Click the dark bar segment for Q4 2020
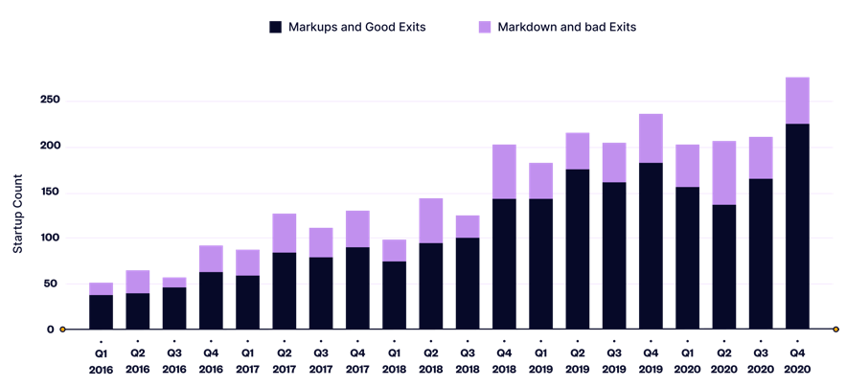click(x=797, y=226)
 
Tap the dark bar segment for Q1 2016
click(x=101, y=311)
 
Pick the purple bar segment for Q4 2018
click(x=504, y=171)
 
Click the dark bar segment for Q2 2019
click(x=578, y=249)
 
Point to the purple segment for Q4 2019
click(x=651, y=139)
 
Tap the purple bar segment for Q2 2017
click(x=285, y=233)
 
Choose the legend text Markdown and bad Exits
click(x=566, y=27)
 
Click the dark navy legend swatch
click(x=275, y=27)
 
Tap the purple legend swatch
click(x=485, y=27)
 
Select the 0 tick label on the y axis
click(x=51, y=330)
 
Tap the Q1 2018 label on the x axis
click(x=395, y=361)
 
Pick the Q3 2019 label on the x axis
click(x=614, y=361)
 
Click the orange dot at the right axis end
click(x=835, y=330)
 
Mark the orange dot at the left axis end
click(x=63, y=330)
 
